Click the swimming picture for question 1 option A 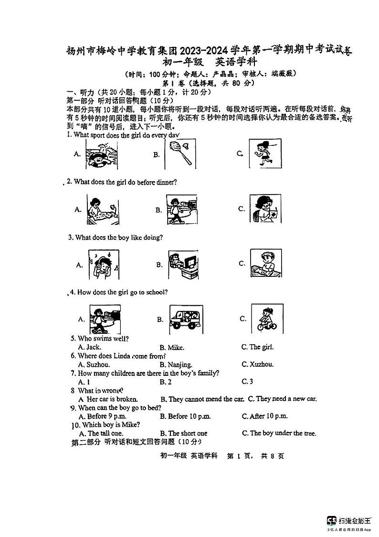pos(101,154)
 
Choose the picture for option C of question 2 pos(265,208)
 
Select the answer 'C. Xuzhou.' pos(257,364)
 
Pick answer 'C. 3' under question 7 pos(247,382)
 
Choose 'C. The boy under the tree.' pos(279,433)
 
